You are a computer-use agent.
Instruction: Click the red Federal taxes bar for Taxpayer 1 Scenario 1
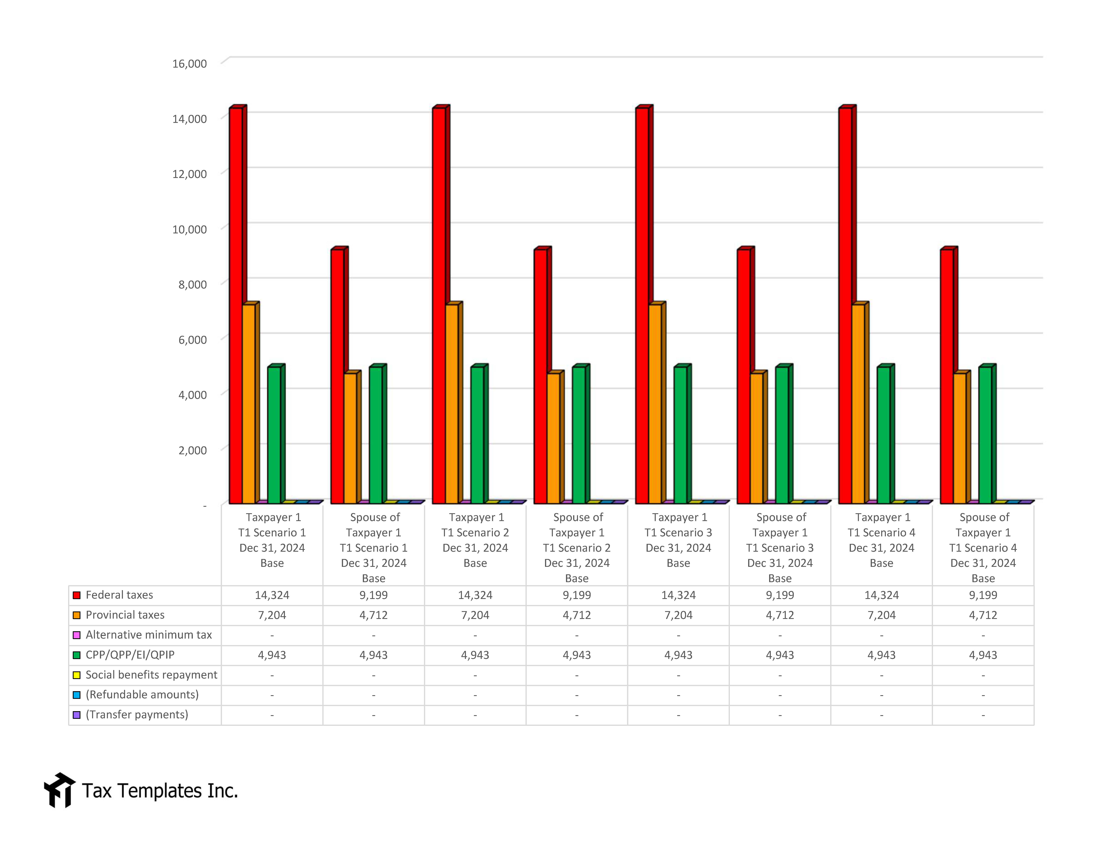tap(235, 302)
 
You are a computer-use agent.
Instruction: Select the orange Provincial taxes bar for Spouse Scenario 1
tap(350, 438)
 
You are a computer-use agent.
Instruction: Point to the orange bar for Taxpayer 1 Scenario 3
tap(655, 402)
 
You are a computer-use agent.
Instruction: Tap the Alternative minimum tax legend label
tap(148, 635)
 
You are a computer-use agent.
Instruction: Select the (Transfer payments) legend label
tap(137, 715)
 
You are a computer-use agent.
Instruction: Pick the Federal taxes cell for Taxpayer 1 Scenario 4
tap(881, 595)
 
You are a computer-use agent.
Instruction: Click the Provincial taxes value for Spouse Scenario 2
tap(577, 615)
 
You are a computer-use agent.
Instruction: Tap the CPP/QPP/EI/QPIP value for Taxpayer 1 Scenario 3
tap(678, 655)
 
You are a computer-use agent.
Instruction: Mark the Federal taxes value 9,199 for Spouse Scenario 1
tap(373, 595)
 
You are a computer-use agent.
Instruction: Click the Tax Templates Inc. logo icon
tap(59, 790)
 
